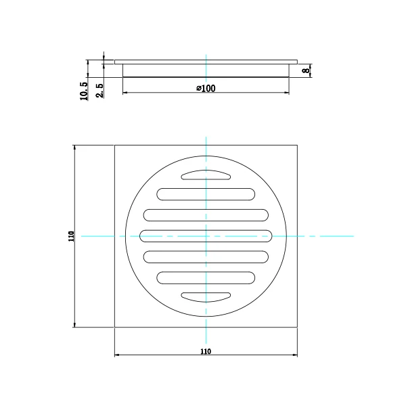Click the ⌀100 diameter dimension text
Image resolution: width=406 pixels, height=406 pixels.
tap(206, 89)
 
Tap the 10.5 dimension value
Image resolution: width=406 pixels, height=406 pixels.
tap(84, 91)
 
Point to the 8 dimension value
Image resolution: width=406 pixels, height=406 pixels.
tap(306, 70)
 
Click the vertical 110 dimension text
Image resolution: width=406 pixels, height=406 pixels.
tap(70, 236)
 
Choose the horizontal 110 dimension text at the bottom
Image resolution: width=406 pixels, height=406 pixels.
tap(206, 351)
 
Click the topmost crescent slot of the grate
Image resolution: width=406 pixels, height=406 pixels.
tap(206, 175)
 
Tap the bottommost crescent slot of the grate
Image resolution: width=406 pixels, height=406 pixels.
tap(206, 296)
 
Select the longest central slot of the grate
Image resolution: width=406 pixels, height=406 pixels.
tap(206, 235)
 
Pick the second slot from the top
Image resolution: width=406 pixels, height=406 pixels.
tap(206, 194)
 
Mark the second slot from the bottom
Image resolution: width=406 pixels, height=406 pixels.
tap(206, 277)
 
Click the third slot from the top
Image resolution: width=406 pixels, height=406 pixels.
tap(206, 215)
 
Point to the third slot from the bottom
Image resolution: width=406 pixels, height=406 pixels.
tap(206, 256)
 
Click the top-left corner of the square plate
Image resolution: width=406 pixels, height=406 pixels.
tap(115, 145)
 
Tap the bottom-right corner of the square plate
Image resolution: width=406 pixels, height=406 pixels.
tap(298, 327)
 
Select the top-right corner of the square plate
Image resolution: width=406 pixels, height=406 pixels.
tap(298, 145)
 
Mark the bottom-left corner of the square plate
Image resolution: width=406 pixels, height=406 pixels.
tap(115, 327)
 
